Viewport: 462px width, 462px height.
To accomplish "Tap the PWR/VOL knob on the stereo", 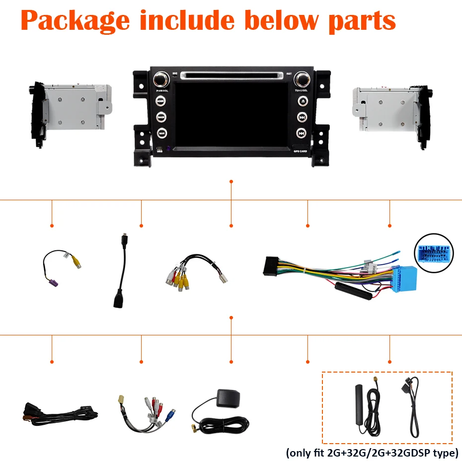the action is (160, 79).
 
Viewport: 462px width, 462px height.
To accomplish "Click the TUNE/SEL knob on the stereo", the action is (301, 79).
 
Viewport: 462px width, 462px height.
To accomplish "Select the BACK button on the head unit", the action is (161, 117).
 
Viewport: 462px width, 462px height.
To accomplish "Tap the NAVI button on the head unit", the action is (161, 133).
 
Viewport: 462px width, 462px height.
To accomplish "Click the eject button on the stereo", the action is (302, 101).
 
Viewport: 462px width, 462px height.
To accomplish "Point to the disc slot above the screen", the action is (231, 76).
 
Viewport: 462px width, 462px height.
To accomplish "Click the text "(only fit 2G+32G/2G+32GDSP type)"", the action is (372, 453).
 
